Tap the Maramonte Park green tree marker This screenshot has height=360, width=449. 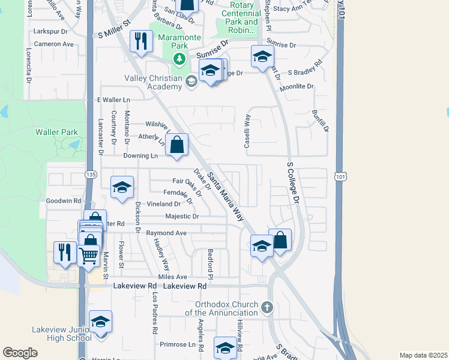[x=179, y=59]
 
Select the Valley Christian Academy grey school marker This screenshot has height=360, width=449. [x=191, y=81]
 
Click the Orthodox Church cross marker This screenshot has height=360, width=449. [x=267, y=308]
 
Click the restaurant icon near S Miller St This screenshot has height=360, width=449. [x=141, y=41]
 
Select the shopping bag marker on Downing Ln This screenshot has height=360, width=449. [x=177, y=145]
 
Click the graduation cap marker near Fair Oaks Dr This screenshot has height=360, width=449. [x=122, y=188]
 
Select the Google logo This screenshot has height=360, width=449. [x=20, y=353]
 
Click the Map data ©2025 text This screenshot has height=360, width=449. [x=423, y=355]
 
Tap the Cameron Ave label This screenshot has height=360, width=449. [x=53, y=44]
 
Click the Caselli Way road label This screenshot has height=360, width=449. [x=247, y=132]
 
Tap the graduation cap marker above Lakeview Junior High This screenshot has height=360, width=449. [x=101, y=322]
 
